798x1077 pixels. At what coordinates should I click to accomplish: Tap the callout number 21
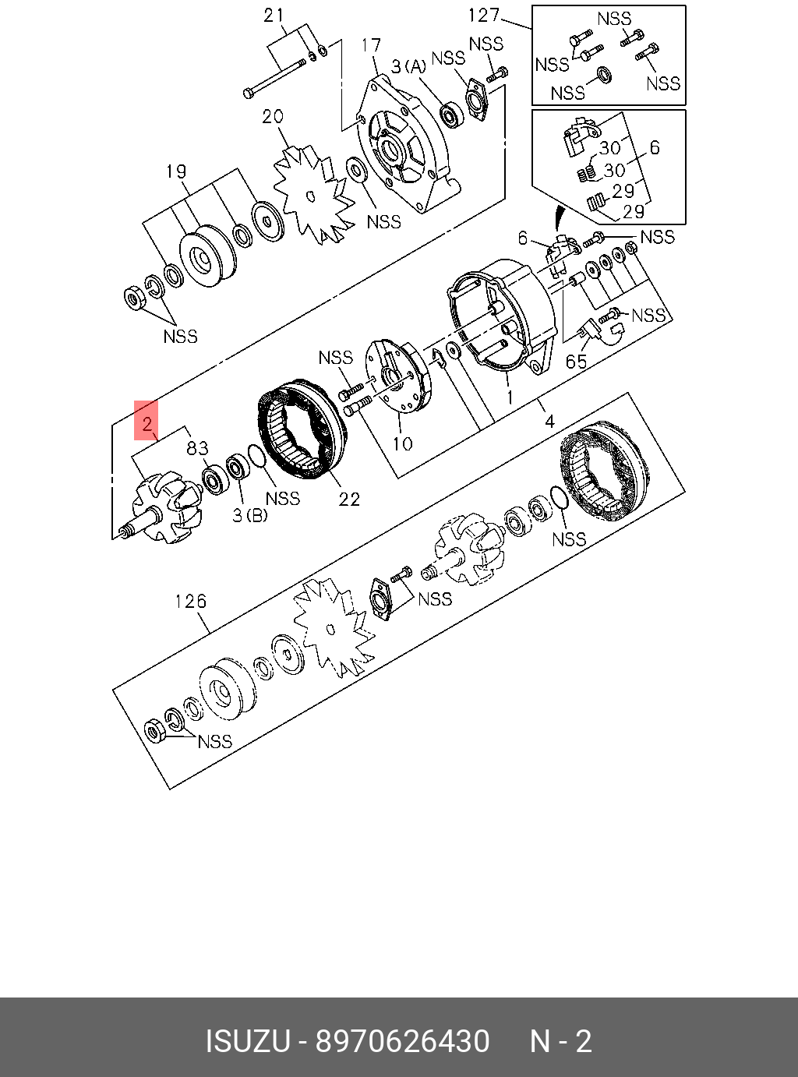coord(274,15)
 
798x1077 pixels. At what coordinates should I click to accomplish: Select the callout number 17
coord(371,46)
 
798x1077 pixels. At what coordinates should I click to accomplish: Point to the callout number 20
coord(272,117)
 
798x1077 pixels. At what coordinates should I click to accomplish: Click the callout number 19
coord(176,171)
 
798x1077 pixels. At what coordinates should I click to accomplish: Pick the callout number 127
coord(483,15)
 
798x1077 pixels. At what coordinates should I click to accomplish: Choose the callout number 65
coord(576,362)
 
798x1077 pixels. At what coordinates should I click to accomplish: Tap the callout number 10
coord(402,444)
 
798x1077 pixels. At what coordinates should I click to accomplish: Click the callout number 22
coord(349,499)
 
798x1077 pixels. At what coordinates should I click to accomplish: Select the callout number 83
coord(197,448)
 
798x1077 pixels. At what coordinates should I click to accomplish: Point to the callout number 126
coord(190,601)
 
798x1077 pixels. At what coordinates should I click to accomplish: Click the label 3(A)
coord(409,67)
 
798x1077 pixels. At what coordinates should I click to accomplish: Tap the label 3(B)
coord(249,515)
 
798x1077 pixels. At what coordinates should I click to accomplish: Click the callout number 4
coord(549,422)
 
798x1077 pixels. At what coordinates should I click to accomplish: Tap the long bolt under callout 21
coord(277,77)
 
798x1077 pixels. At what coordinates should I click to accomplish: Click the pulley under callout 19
coord(207,257)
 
